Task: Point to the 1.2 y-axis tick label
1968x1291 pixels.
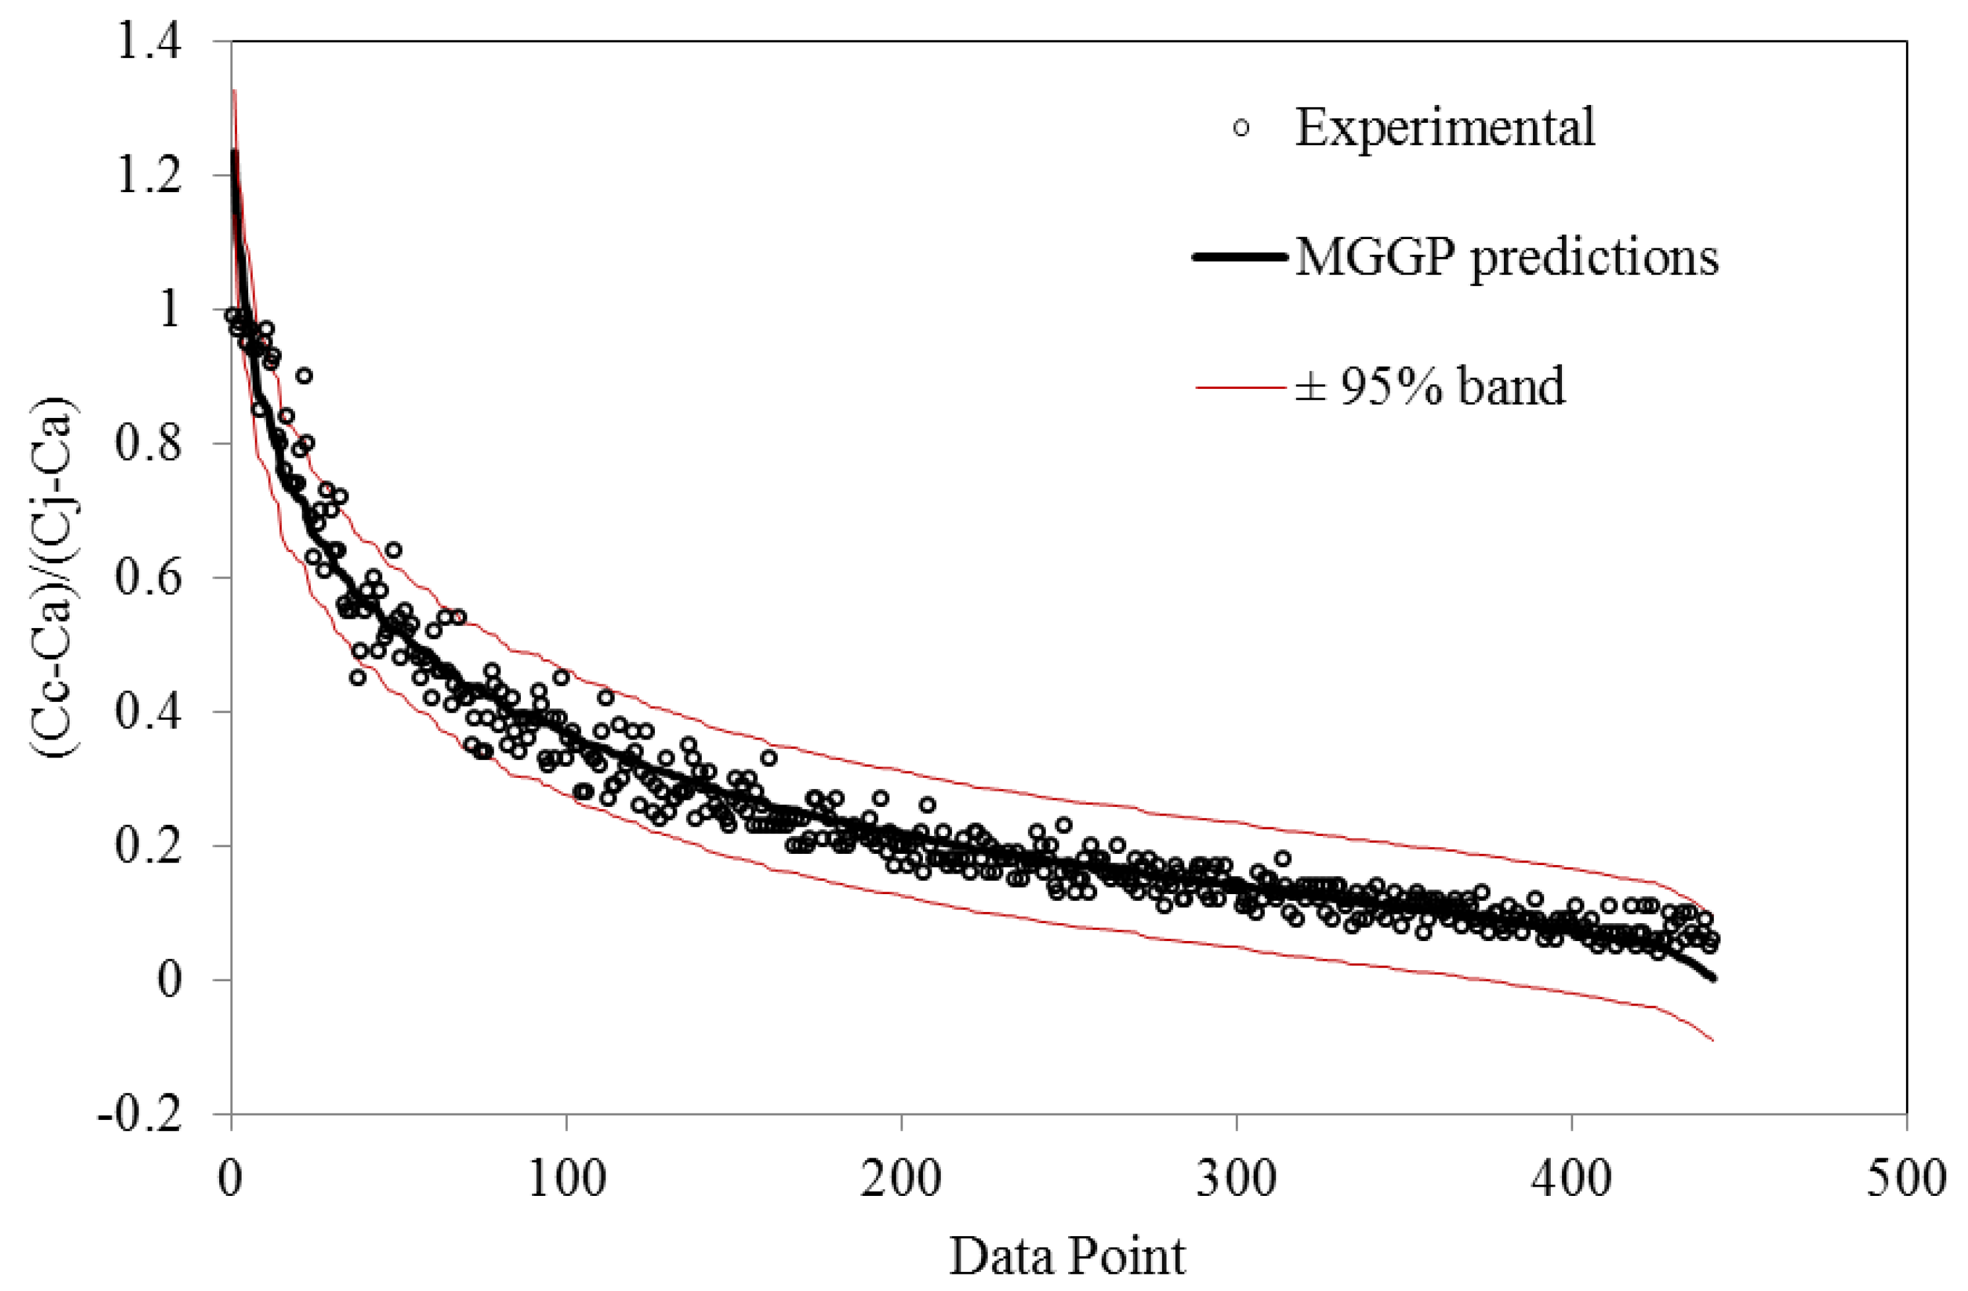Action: coord(149,177)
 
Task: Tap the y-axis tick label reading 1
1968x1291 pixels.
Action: coord(170,311)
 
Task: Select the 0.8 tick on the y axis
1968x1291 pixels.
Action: coord(149,445)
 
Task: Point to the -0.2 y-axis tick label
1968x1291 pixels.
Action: coord(139,1115)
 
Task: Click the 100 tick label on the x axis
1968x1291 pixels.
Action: coord(566,1179)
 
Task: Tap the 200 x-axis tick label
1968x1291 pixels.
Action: coord(900,1179)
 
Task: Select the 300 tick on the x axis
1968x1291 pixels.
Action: coord(1237,1179)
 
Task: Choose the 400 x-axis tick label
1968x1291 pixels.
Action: coord(1571,1179)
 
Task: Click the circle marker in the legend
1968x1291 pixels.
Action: coord(1240,128)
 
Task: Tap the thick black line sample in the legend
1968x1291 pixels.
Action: coord(1240,257)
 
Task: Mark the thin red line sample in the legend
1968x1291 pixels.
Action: coord(1240,386)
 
